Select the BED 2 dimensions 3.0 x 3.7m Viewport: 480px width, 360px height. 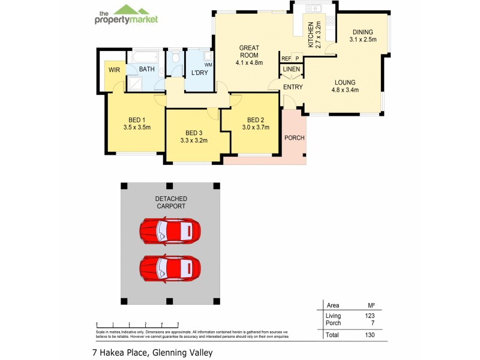click(x=256, y=127)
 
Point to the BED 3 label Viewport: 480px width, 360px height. click(x=194, y=133)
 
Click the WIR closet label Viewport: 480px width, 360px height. click(x=114, y=70)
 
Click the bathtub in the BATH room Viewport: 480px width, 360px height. click(x=143, y=58)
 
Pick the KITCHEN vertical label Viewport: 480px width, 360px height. click(x=311, y=34)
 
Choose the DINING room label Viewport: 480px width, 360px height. click(x=362, y=32)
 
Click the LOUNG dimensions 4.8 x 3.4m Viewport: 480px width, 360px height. click(x=345, y=90)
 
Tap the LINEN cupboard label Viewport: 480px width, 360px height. click(x=292, y=70)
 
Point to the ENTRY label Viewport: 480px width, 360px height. click(x=293, y=87)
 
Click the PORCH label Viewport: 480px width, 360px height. click(x=294, y=137)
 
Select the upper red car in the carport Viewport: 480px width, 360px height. click(x=170, y=231)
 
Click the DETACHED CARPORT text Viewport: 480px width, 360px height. click(x=172, y=202)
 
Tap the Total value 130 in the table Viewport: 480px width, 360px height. click(x=369, y=335)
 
